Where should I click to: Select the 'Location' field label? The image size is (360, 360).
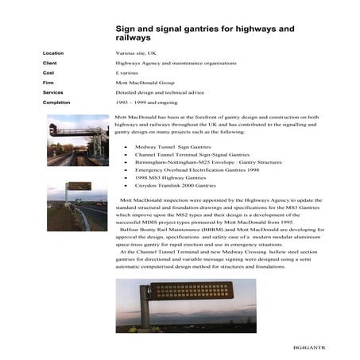click(x=53, y=53)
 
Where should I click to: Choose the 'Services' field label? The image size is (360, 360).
click(x=52, y=92)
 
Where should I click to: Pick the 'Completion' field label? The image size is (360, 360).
click(x=56, y=102)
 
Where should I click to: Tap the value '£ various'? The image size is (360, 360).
click(x=129, y=72)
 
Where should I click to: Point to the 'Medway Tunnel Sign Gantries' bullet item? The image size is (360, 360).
click(x=169, y=146)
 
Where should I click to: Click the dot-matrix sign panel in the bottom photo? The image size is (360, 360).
click(x=191, y=290)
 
